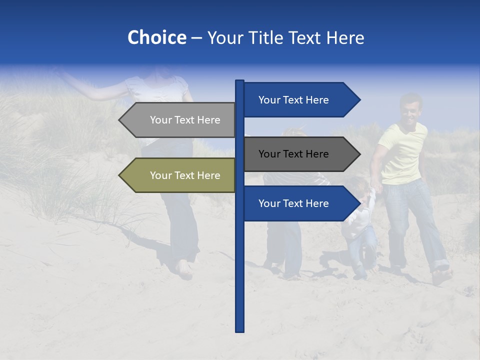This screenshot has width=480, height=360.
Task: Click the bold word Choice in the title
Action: coord(156,37)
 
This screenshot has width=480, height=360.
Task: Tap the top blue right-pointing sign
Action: coord(300,100)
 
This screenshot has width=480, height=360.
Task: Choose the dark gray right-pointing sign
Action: coord(300,154)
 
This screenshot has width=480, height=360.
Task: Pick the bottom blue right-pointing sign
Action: coord(300,203)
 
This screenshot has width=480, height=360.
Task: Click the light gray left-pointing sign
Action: coord(180,120)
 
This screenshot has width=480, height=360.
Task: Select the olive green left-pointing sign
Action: coord(180,175)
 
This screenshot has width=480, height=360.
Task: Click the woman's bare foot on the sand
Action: coord(185,270)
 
